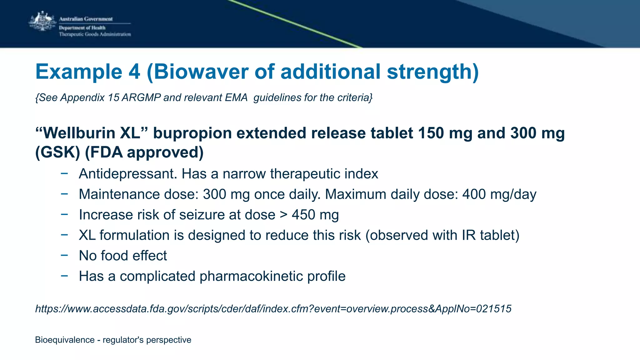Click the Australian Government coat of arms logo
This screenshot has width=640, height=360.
click(x=42, y=21)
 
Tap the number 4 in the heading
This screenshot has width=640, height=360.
click(x=134, y=72)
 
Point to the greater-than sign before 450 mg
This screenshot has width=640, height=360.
click(x=283, y=215)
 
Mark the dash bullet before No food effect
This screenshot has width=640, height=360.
click(x=64, y=256)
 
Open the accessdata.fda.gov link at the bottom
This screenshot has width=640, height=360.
click(x=273, y=309)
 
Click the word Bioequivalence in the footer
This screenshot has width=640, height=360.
click(x=65, y=340)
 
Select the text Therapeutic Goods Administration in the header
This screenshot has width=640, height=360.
click(x=95, y=34)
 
